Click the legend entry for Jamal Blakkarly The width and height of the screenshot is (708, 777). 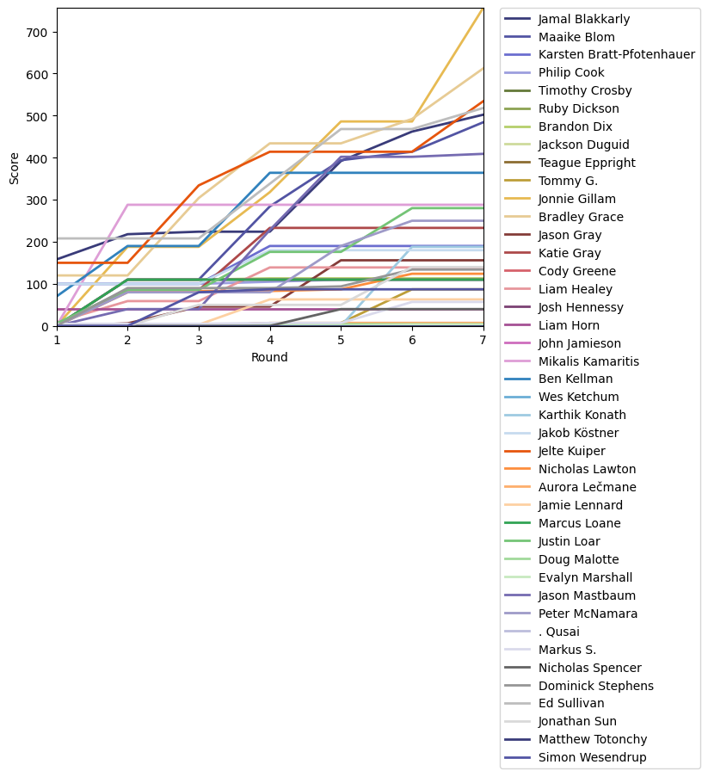[583, 18]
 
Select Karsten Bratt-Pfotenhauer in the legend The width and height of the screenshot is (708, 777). [616, 54]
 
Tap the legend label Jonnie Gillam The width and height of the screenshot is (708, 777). [578, 199]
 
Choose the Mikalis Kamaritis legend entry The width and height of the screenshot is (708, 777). [588, 361]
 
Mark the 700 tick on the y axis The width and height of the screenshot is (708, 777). [40, 32]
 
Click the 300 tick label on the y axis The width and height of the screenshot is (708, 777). [40, 200]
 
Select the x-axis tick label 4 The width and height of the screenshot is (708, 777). [270, 340]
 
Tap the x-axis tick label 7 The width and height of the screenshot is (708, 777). [483, 340]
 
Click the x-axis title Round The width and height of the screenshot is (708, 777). [269, 357]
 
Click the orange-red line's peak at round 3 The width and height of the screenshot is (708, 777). [199, 185]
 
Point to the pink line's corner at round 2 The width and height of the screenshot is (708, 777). [128, 205]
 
